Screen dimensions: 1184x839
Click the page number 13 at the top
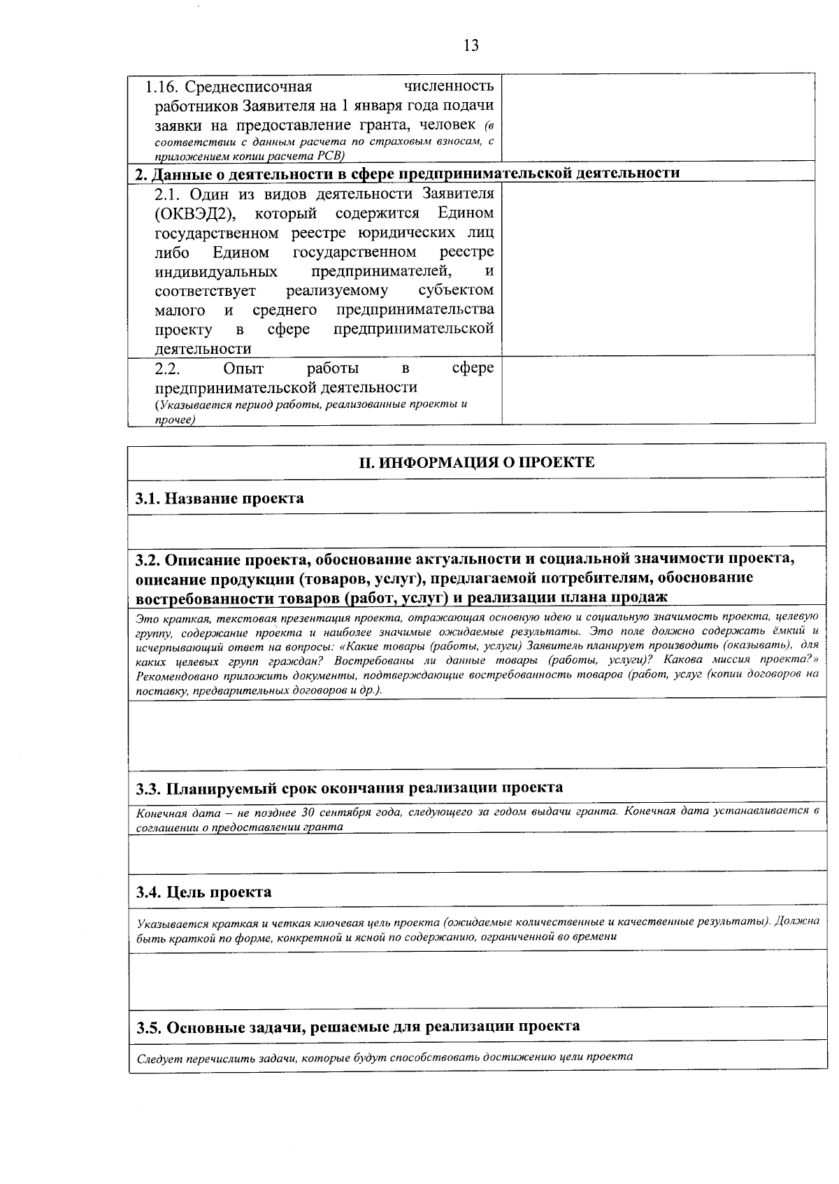[x=471, y=46]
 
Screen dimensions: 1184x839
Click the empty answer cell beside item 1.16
[x=657, y=117]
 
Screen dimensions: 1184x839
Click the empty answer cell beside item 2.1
[x=657, y=269]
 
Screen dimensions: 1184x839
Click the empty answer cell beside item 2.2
[x=657, y=390]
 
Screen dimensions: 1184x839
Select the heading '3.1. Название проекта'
[x=220, y=499]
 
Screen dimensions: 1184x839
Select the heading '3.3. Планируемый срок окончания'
[x=349, y=788]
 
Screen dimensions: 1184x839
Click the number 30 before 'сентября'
[x=308, y=812]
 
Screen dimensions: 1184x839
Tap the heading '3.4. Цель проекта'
[x=204, y=892]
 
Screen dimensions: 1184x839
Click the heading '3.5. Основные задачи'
[x=357, y=1027]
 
